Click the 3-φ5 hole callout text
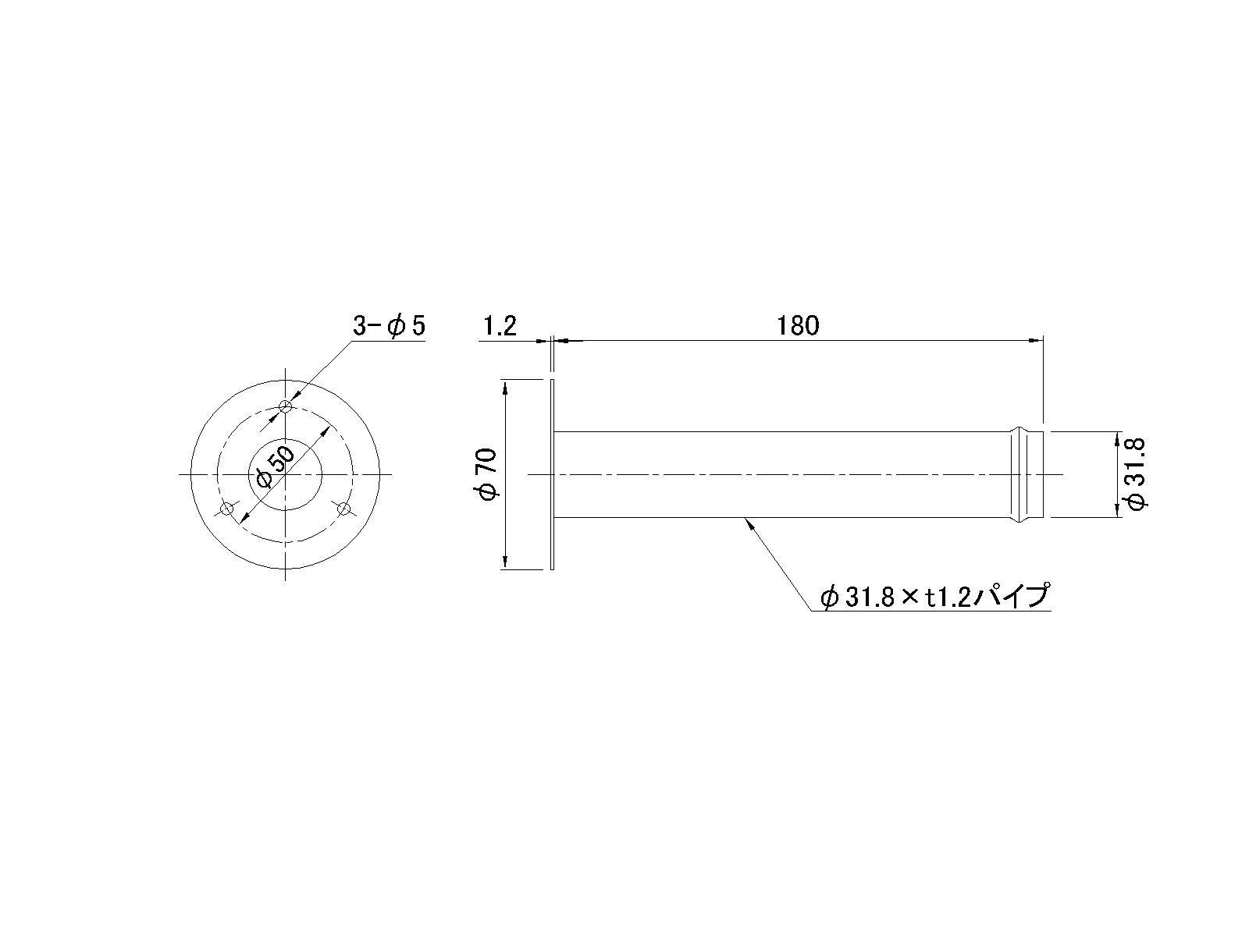[389, 326]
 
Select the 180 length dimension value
[798, 325]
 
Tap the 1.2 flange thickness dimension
[500, 326]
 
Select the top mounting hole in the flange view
[286, 406]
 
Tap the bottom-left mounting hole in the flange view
[227, 509]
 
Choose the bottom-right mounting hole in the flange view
[343, 509]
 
